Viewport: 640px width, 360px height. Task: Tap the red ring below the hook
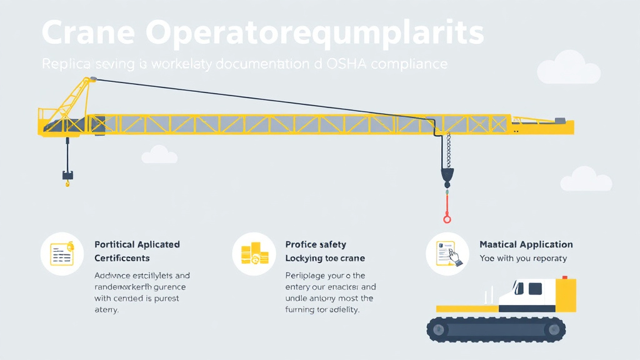(x=447, y=218)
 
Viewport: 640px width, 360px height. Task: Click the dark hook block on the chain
(x=447, y=176)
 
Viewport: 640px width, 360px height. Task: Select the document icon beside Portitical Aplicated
(x=62, y=254)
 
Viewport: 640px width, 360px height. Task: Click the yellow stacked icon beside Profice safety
(x=254, y=254)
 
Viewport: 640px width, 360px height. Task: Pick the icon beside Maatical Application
(x=447, y=254)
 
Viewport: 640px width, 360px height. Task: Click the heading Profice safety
(x=315, y=244)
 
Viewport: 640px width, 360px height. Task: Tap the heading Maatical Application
(x=526, y=244)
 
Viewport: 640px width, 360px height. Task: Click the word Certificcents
(x=122, y=258)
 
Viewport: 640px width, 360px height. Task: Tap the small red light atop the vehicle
(x=564, y=277)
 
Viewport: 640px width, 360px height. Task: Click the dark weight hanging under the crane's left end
(x=67, y=175)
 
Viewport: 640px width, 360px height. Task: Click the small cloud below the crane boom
(x=159, y=155)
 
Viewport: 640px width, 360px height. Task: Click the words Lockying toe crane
(x=324, y=258)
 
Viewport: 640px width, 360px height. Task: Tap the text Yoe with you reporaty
(x=522, y=258)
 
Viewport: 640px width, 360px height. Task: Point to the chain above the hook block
(x=447, y=151)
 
